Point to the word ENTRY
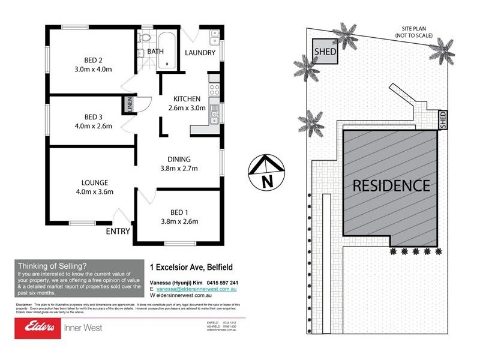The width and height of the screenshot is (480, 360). tap(118, 231)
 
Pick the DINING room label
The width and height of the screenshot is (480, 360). tap(179, 160)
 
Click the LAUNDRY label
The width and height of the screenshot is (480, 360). tap(200, 53)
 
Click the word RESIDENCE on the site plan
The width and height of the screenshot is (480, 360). tap(391, 185)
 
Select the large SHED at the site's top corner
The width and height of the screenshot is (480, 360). tap(325, 52)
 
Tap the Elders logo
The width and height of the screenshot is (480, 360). tap(37, 326)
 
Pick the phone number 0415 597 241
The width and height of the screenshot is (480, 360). tap(221, 283)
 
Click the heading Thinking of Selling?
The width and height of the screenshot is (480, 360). tap(52, 266)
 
